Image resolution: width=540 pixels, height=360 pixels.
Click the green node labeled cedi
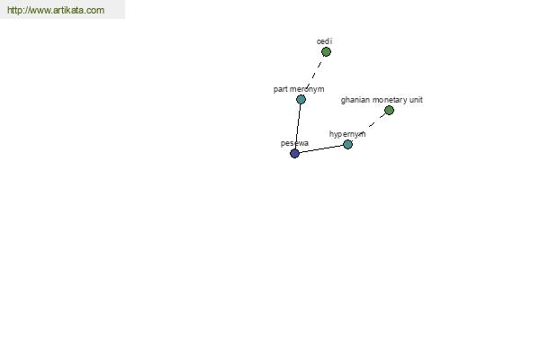coord(326,51)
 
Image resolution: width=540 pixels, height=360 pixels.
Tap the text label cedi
coord(324,41)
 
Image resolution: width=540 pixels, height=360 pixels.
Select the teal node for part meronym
coord(301,99)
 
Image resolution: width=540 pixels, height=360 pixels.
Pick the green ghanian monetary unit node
coord(389,110)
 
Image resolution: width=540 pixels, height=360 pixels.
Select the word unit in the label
coord(416,100)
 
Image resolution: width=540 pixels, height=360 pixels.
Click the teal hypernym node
coord(347,144)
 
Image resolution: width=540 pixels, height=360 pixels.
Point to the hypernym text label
coord(347,134)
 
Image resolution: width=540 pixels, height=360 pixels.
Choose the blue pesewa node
coord(295,153)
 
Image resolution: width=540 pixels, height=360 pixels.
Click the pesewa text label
coord(294,143)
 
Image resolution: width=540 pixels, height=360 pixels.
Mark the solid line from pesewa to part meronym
coord(298,126)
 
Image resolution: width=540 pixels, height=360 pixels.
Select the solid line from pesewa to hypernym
coord(321,148)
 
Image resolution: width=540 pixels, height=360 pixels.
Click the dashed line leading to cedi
coord(314,76)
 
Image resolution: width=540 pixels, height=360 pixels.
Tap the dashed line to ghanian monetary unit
coord(371,125)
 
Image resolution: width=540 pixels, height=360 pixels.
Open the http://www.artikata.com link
coord(56,10)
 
